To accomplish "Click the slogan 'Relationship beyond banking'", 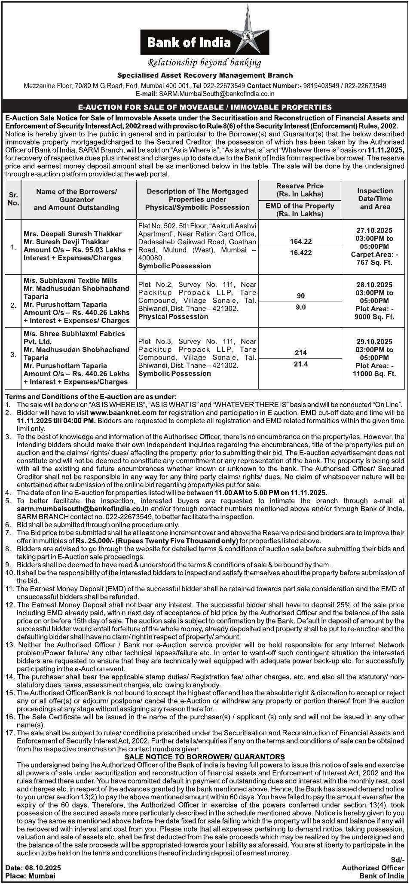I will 204,63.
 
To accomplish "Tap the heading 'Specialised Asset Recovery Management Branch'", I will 205,75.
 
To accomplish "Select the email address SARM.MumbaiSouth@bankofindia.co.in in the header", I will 217,93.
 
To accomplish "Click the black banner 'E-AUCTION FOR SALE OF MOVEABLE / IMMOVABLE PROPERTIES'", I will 205,107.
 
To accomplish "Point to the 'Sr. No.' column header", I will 13,199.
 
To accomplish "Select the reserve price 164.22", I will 301,242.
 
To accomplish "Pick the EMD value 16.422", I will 301,253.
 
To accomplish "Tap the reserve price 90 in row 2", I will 301,296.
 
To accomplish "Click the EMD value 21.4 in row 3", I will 301,364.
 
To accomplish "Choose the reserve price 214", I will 301,353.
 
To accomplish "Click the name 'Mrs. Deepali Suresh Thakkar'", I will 73,234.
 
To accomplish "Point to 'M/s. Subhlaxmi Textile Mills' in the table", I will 71,280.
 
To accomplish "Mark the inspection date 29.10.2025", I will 374,342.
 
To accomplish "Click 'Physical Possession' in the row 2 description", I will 173,316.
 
